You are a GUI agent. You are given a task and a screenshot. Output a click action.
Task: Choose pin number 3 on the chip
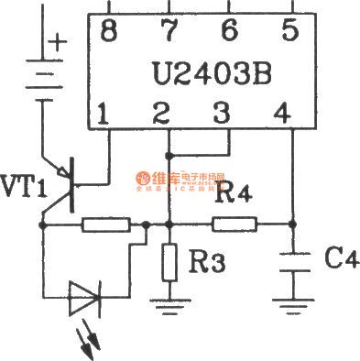220,116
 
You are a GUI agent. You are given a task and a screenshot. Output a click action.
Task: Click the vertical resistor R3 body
169,262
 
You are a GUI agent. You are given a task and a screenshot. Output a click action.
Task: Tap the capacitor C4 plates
292,262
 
